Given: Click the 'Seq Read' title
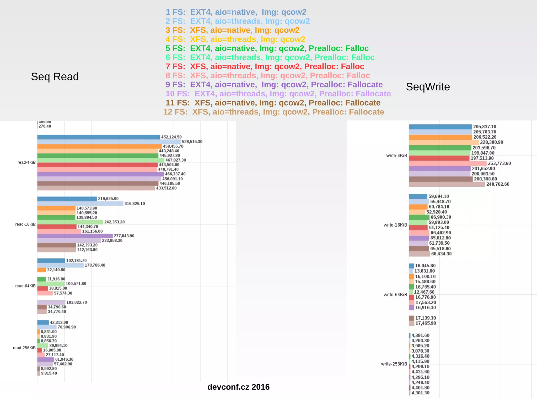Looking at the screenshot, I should [55, 77].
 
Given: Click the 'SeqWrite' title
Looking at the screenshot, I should [428, 87].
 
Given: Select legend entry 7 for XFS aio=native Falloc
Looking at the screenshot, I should [265, 67].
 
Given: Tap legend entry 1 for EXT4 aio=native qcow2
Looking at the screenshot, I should [236, 12].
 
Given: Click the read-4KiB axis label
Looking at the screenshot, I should [26, 162].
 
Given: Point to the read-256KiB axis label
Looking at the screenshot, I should [24, 348].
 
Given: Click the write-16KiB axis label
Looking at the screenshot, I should [395, 225].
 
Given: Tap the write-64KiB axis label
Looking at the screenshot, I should [395, 295].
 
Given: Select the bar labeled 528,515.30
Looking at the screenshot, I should [109, 142].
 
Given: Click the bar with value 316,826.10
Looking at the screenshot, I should [80, 203].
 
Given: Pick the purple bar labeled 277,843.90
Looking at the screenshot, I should [75, 236].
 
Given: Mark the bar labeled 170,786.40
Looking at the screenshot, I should [61, 265].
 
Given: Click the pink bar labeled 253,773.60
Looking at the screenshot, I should [448, 163].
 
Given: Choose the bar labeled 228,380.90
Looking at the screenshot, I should [444, 142].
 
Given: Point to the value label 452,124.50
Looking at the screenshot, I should [171, 137].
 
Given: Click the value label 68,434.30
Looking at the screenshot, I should [441, 254].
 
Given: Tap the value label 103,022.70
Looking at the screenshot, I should [77, 302].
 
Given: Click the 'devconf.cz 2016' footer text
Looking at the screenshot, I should [238, 387].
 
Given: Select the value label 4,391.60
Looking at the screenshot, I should [420, 335].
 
